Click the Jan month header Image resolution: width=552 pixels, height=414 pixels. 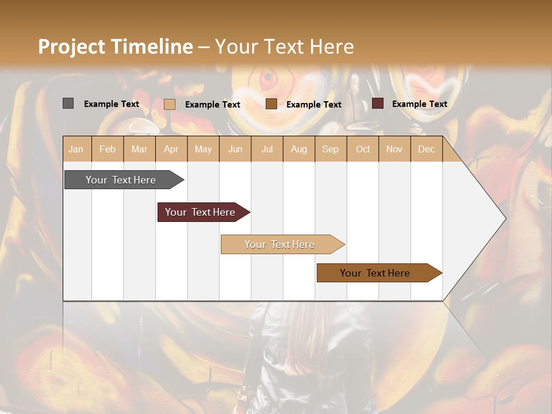tap(76, 149)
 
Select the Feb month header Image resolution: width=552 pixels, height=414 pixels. tap(108, 149)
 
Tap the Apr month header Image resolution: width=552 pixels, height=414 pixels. tap(171, 149)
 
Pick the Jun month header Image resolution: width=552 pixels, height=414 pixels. tap(235, 149)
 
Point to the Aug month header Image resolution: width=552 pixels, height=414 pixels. tap(298, 149)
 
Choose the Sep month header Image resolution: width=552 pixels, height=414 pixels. tap(330, 149)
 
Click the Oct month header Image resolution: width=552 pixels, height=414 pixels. tap(363, 149)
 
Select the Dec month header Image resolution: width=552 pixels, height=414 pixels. tap(426, 149)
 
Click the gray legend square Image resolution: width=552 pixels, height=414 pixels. tap(68, 103)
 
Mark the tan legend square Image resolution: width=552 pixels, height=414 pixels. tap(169, 104)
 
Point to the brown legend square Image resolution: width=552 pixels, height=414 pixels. tap(271, 104)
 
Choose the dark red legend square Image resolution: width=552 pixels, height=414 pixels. tap(377, 103)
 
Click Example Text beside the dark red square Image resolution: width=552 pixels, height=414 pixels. tap(419, 104)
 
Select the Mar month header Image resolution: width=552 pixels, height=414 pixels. tap(139, 149)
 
